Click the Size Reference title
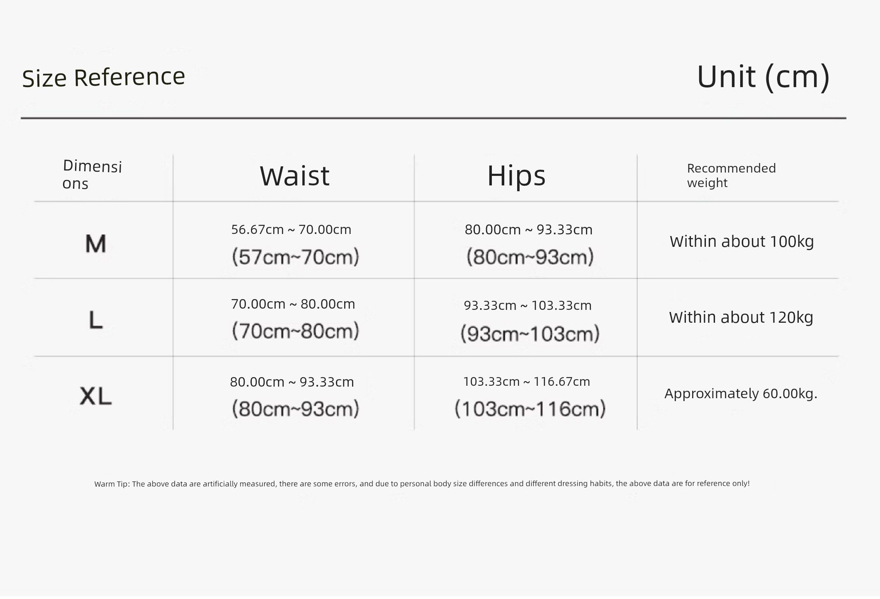(103, 78)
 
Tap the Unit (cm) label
(763, 77)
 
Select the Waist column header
(294, 175)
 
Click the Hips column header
(516, 175)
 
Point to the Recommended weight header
(731, 175)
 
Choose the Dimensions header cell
(92, 174)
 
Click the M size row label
(96, 243)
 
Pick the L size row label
(96, 320)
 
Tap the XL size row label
(96, 396)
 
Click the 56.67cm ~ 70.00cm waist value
(291, 229)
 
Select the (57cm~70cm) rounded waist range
(295, 257)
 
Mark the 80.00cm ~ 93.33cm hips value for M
(528, 229)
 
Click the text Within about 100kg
(741, 241)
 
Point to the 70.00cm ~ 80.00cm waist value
(293, 304)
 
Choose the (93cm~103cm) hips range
(530, 334)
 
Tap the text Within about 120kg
(741, 317)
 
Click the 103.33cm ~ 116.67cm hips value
(526, 382)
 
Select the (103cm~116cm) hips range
(530, 409)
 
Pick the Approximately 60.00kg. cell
(741, 393)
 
